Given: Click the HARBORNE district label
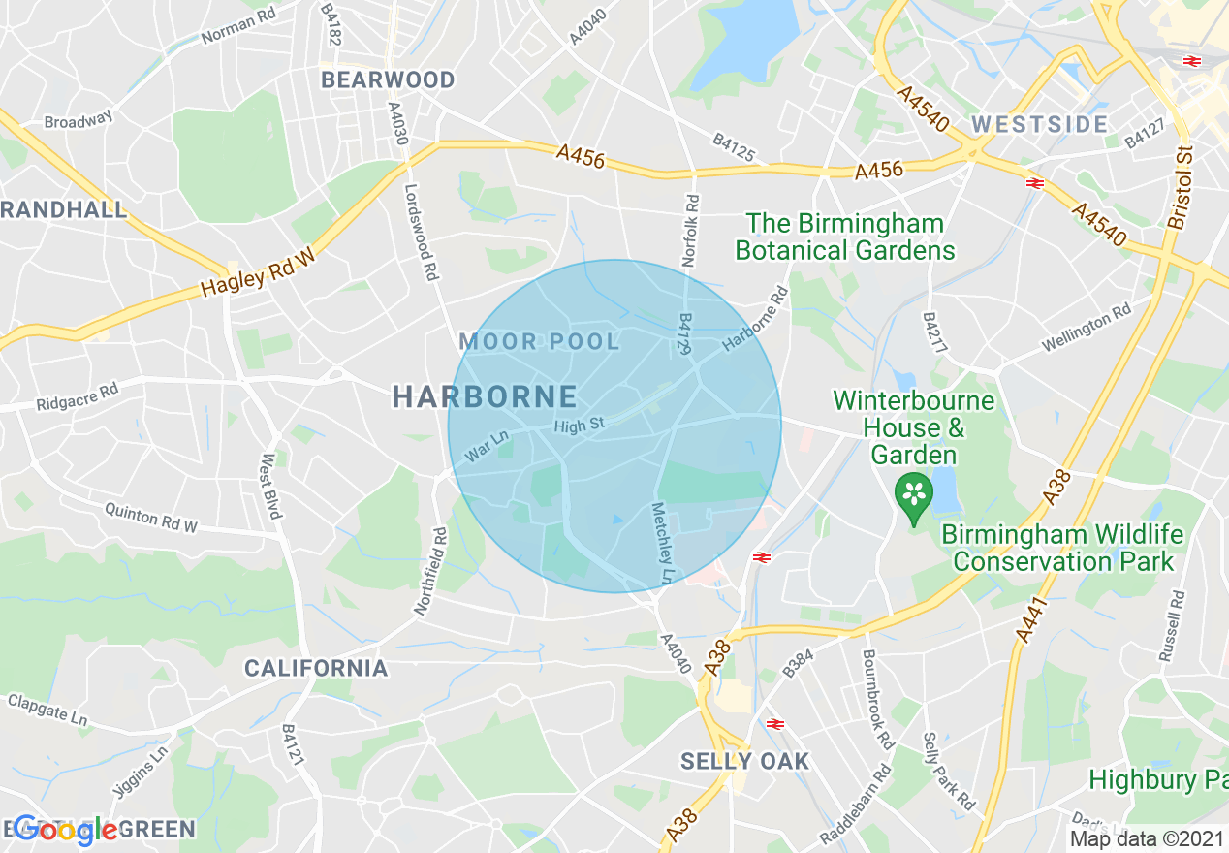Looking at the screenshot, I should pos(485,395).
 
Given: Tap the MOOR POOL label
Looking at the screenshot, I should pos(539,341).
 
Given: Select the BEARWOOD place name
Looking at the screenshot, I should pos(388,79).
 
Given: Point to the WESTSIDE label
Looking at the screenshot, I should pos(1040,124).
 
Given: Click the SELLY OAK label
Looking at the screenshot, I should pos(744,761).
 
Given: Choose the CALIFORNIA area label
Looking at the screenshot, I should pos(316,668).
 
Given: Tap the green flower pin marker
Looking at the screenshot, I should pos(913,494).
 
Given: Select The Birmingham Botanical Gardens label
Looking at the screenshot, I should pos(845,237).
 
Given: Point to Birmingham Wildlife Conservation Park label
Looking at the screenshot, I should pos(1062,548).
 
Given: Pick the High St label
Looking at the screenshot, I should pos(579,426).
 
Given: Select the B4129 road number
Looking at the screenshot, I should pos(684,333).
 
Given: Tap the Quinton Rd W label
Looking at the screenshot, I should pos(150,518).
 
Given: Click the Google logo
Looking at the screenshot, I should pos(65,830).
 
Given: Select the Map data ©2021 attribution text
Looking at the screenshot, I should pos(1147,838).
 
